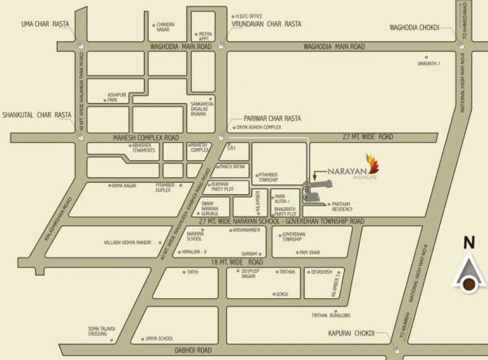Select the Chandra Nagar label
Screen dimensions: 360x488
(165, 27)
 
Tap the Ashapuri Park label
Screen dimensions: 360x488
(118, 98)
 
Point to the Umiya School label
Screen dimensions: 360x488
(159, 337)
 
